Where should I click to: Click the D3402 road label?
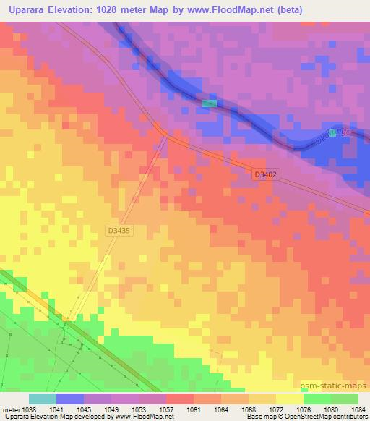click(266, 174)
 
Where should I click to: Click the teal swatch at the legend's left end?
click(43, 399)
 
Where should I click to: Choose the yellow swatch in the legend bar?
click(289, 399)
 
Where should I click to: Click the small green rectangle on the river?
click(209, 103)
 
